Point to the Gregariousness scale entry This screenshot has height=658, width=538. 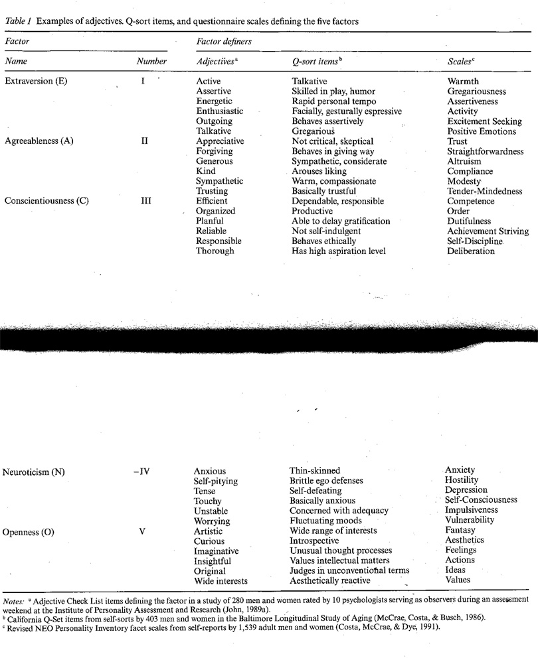pos(477,92)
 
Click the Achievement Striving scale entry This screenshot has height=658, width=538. pos(488,231)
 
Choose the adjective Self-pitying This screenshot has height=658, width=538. pos(215,480)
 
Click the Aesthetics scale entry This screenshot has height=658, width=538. pos(464,540)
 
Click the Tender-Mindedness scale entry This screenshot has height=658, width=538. pos(485,191)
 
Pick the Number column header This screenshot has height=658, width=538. pos(151,61)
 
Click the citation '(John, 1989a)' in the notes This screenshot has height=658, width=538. pos(242,609)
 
